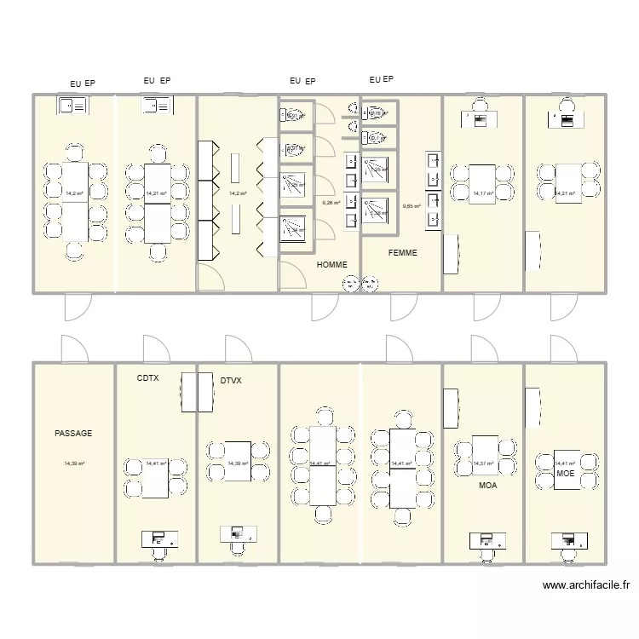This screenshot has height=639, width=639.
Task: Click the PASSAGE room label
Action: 73,434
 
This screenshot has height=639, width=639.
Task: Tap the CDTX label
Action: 148,377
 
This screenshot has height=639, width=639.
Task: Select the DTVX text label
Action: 231,382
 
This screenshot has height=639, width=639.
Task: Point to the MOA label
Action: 487,485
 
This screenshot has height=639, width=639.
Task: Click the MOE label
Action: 565,473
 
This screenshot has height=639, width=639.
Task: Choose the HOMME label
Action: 331,265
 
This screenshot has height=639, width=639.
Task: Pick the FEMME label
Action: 402,252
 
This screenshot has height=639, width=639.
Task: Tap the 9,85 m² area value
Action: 412,205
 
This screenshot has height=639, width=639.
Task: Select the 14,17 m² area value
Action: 482,193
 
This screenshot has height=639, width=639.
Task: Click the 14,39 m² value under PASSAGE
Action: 73,463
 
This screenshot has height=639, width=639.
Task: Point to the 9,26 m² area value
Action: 331,203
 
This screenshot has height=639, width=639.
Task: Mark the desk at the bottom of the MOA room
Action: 486,540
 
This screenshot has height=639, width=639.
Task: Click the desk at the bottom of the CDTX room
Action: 159,538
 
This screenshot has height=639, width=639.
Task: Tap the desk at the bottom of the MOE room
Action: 567,539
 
